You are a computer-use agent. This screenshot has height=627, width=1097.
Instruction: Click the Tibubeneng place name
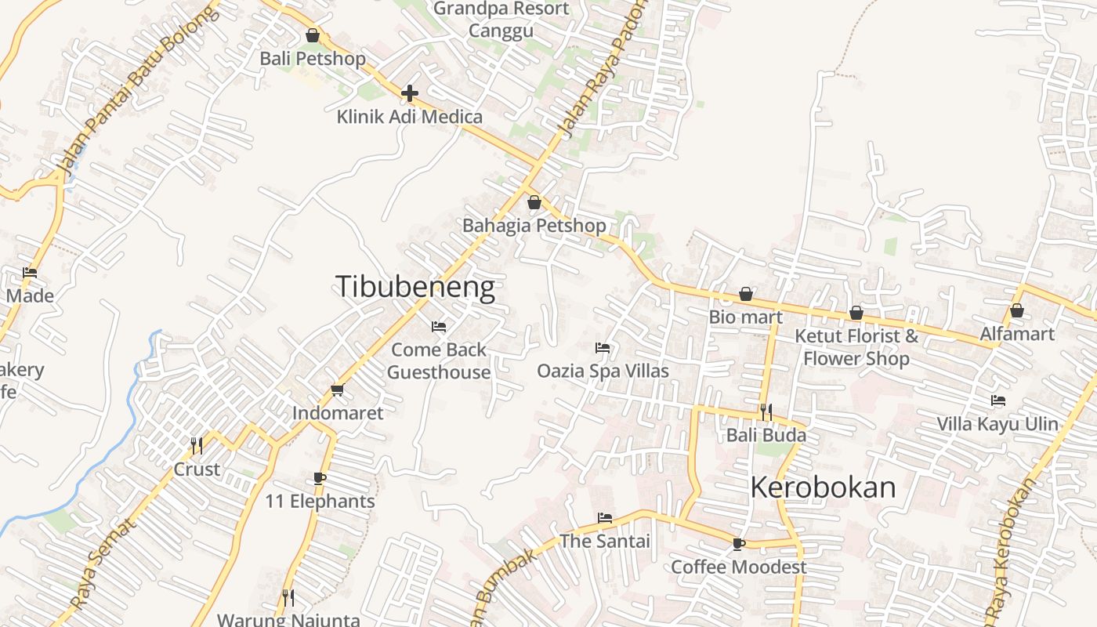click(x=415, y=287)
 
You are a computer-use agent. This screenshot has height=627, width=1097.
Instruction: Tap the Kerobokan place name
click(x=823, y=487)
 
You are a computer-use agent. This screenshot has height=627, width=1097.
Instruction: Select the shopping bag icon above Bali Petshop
click(x=313, y=35)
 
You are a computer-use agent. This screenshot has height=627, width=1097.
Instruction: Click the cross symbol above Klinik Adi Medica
click(x=409, y=94)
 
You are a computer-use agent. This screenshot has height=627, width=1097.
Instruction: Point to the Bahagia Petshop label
click(x=534, y=226)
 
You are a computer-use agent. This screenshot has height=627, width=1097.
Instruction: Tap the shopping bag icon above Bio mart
click(x=746, y=295)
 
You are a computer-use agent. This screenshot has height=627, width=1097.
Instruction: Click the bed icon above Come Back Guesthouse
click(x=439, y=326)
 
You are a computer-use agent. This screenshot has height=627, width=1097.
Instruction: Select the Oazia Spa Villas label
click(x=603, y=370)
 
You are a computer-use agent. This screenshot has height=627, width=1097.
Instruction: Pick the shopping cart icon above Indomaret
click(x=338, y=390)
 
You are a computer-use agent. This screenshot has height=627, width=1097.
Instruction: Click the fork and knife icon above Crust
click(x=197, y=446)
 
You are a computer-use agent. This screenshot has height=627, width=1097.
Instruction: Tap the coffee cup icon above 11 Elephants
click(x=320, y=478)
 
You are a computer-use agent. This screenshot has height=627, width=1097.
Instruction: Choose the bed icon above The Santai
click(x=604, y=518)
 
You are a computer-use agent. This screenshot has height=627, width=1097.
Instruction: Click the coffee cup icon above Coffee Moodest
click(x=738, y=544)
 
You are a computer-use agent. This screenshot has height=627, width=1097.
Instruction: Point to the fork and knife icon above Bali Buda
click(x=766, y=411)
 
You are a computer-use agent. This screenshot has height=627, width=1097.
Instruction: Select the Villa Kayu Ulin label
click(x=997, y=424)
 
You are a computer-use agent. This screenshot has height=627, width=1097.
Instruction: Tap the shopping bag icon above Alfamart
click(x=1017, y=311)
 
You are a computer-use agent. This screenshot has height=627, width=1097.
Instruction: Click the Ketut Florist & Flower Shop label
click(x=856, y=347)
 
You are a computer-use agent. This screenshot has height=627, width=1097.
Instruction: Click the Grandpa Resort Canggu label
click(x=501, y=20)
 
